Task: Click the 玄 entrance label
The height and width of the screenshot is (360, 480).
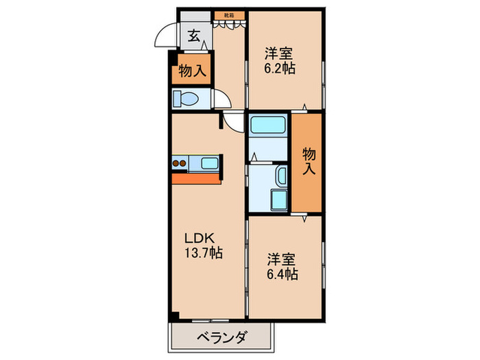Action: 194,36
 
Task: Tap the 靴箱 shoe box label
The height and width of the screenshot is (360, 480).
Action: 229,13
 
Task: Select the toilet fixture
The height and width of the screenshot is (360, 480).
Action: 187,100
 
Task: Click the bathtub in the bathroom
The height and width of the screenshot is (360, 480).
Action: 268,126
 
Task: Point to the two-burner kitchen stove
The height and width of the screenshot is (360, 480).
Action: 179,164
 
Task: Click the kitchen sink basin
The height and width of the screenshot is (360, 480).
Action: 208,163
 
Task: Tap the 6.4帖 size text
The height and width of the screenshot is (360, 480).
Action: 282,274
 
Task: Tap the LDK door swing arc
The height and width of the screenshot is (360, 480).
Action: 235,124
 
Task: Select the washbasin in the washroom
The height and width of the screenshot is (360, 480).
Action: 280,176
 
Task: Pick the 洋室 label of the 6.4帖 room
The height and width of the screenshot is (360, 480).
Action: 282,260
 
